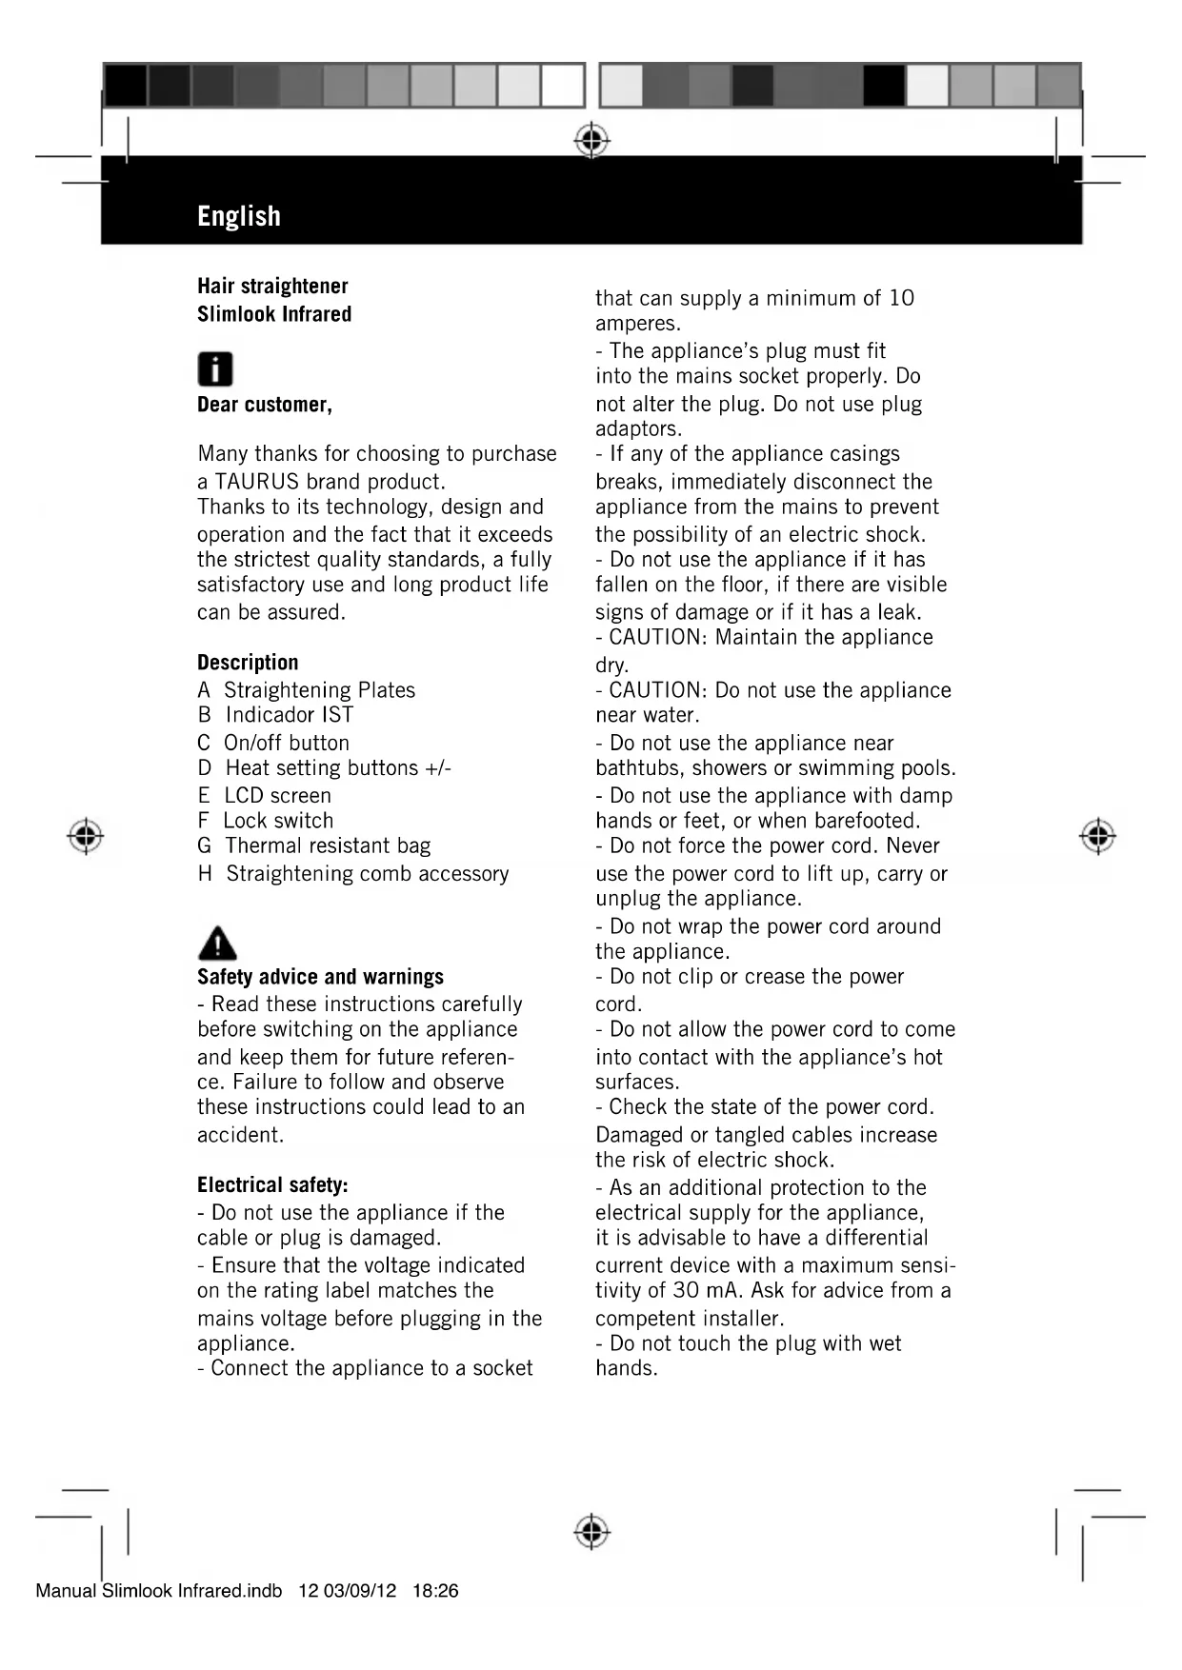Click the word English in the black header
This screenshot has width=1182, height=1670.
(x=239, y=216)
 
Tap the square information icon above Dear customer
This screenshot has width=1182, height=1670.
(x=215, y=368)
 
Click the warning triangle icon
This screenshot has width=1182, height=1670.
(x=217, y=943)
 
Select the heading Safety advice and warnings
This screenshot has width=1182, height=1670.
(x=320, y=977)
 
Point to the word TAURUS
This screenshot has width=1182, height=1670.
(x=256, y=482)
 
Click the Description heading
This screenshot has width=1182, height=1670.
(x=248, y=663)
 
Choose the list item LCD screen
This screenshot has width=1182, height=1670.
(x=277, y=795)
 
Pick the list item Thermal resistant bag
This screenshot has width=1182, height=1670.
(x=327, y=845)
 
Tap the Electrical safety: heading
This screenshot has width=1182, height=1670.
(x=272, y=1185)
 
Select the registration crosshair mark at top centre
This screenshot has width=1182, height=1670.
(x=591, y=141)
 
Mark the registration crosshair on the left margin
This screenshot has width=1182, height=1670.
(x=86, y=835)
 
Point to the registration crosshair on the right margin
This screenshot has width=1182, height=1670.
(x=1097, y=835)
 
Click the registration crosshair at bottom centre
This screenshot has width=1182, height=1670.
(x=591, y=1532)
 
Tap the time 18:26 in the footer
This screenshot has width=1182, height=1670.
(x=435, y=1591)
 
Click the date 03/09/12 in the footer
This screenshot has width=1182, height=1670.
(x=359, y=1591)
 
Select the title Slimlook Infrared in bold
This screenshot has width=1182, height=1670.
(x=274, y=314)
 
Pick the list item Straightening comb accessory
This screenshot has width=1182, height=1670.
(x=367, y=874)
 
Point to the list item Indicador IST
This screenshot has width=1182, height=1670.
(x=289, y=715)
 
